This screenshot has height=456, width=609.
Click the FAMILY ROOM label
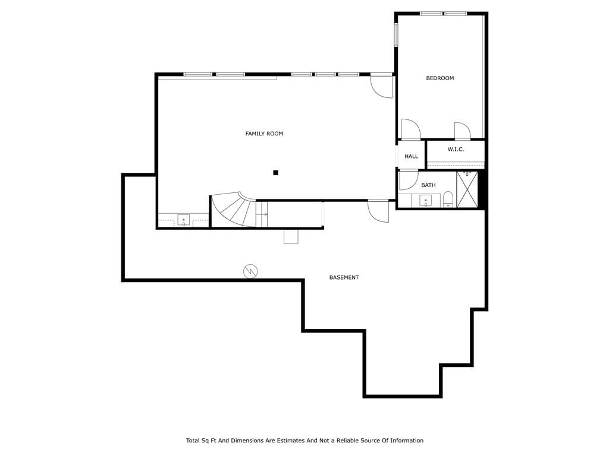click(264, 134)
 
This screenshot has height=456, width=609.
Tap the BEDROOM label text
click(440, 78)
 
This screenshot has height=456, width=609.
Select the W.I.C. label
click(456, 149)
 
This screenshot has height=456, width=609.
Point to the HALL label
click(412, 156)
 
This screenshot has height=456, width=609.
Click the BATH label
click(428, 185)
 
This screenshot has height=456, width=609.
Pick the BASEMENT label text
click(344, 278)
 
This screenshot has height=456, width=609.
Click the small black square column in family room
click(276, 173)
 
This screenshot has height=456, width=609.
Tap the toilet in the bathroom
click(448, 199)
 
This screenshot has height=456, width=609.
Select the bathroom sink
click(426, 201)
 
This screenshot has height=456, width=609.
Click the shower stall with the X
click(467, 189)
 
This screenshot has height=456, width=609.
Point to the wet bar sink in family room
click(184, 220)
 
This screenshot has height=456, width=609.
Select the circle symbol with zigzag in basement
click(250, 271)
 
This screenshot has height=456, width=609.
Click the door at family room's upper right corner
click(381, 86)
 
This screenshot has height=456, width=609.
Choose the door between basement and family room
click(378, 211)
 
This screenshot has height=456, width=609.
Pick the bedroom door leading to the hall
click(410, 129)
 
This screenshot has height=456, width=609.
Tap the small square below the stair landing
click(291, 236)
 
